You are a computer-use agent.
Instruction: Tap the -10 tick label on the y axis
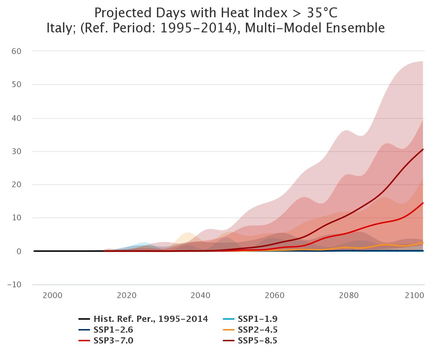pos(15,285)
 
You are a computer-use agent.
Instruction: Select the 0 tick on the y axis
pos(19,251)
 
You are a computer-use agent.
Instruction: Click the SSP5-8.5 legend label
pos(257,341)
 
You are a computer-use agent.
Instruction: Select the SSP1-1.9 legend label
pos(257,319)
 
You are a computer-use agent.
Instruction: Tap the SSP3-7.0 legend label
pos(113,341)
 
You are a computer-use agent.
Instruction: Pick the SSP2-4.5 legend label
pos(257,330)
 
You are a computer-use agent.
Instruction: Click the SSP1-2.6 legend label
pos(113,330)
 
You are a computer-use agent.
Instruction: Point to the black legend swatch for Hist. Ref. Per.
pos(84,319)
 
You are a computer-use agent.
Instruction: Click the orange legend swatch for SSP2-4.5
pos(228,330)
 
